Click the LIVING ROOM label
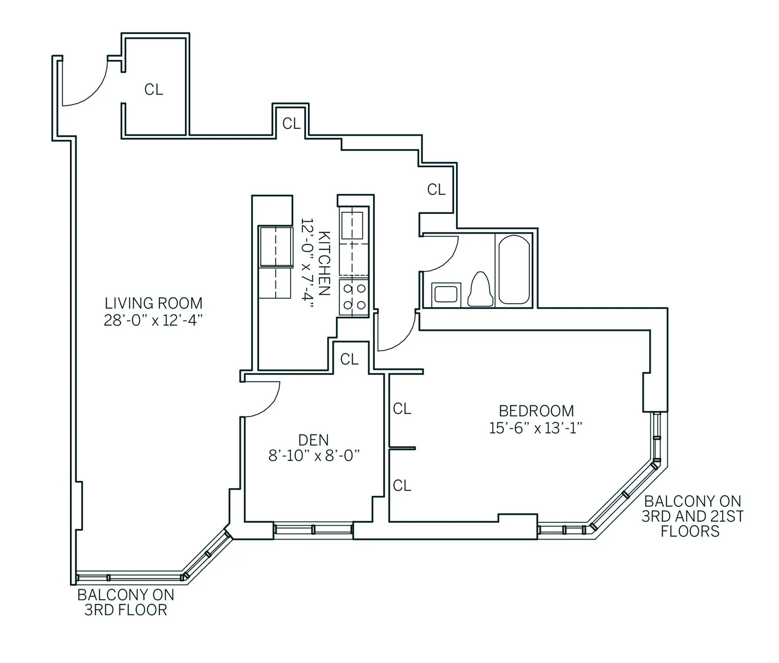coord(153,303)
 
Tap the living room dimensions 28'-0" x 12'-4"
coord(153,321)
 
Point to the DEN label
coord(313,440)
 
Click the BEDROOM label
coord(536,411)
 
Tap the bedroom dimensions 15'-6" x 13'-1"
coord(536,428)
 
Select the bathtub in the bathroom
coord(514,270)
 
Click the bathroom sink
coord(445,294)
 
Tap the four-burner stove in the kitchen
coord(354,296)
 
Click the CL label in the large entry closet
coord(154,89)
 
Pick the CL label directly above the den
coord(349,359)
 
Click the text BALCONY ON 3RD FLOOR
coord(126,602)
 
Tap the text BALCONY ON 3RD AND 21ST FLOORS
coord(692,516)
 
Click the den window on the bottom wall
coord(313,529)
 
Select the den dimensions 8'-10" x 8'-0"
coord(314,456)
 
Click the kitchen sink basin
coord(352,226)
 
